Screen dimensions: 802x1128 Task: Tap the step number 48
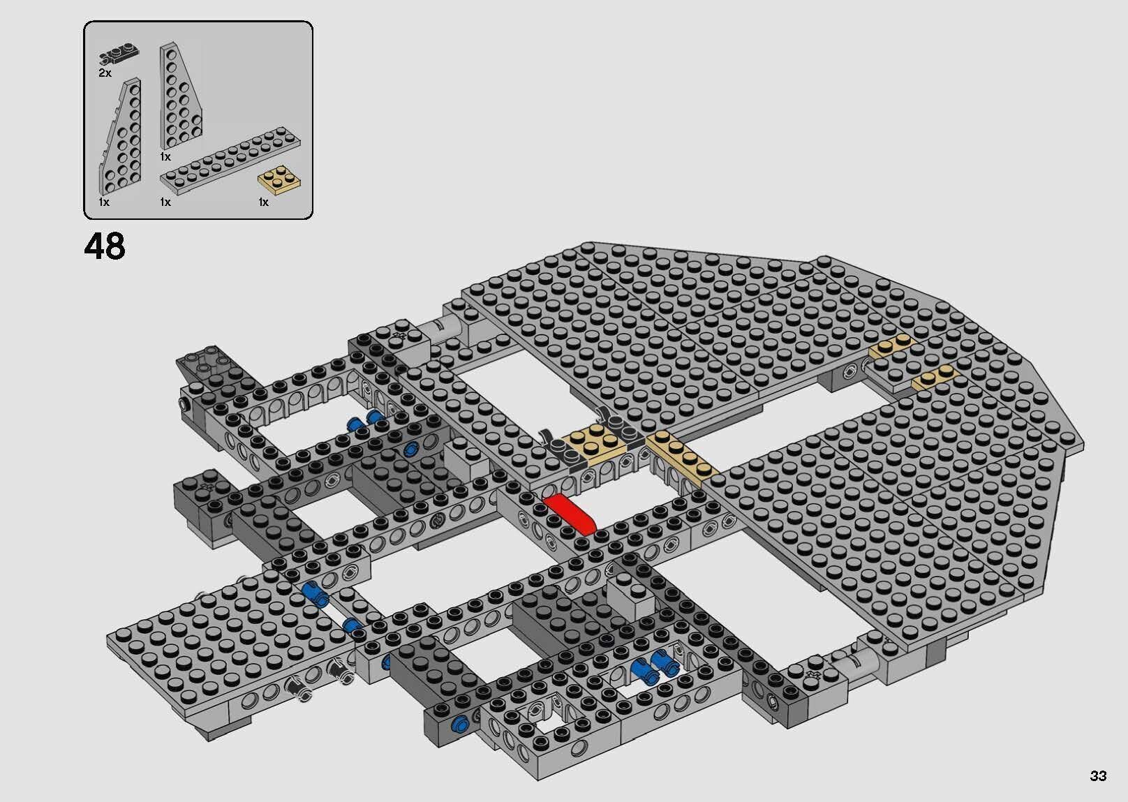[105, 246]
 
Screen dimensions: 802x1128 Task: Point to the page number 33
[1097, 775]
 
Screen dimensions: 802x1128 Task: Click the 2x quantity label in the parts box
[105, 73]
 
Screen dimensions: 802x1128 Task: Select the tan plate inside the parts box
[280, 179]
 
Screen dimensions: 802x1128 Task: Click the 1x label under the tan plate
[263, 202]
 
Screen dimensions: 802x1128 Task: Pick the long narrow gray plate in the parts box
[230, 161]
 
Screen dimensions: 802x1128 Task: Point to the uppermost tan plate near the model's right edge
[891, 347]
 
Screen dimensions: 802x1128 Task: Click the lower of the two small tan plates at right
[934, 377]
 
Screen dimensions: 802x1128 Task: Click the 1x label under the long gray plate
[165, 202]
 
